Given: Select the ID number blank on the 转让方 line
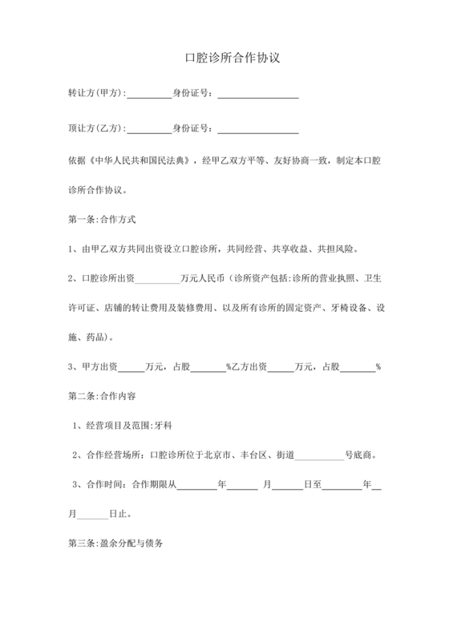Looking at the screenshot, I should coord(257,95).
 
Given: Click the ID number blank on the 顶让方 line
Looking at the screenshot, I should coord(257,130).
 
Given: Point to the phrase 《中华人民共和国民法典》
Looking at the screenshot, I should coord(142,160).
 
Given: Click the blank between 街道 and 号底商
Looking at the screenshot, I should coord(320,455).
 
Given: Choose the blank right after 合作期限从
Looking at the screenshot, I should coord(196,484).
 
